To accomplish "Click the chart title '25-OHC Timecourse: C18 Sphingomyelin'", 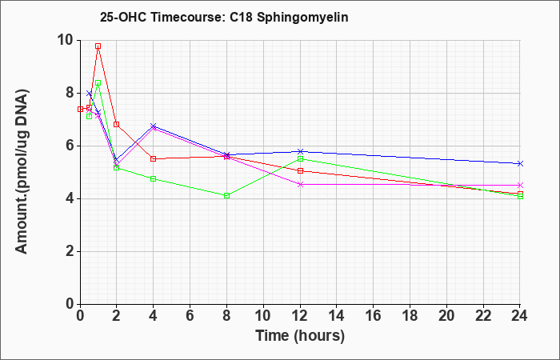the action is click(x=224, y=17).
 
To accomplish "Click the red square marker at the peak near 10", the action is click(x=98, y=46).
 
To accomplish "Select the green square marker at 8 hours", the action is click(x=226, y=196).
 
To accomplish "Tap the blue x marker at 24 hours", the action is click(x=520, y=163).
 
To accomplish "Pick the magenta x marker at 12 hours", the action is click(x=300, y=184).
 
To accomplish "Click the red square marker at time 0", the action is click(x=80, y=109).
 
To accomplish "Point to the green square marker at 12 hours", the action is click(x=300, y=158).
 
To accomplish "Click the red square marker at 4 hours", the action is click(x=154, y=159).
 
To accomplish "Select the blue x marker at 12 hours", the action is click(x=300, y=151).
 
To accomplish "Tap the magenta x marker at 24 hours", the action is click(x=520, y=185).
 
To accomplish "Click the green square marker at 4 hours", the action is click(x=154, y=178).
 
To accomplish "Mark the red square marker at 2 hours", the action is click(x=117, y=124).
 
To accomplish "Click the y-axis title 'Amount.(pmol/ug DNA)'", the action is click(x=22, y=172).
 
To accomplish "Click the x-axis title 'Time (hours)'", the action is click(x=300, y=336).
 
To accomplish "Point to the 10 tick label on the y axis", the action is click(x=66, y=40).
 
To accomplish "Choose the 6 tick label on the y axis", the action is click(x=71, y=146).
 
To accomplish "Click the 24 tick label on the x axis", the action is click(x=519, y=316).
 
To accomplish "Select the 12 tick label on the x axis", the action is click(x=300, y=316).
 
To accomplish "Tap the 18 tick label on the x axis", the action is click(x=410, y=316).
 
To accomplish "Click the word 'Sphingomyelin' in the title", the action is click(x=302, y=18).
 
